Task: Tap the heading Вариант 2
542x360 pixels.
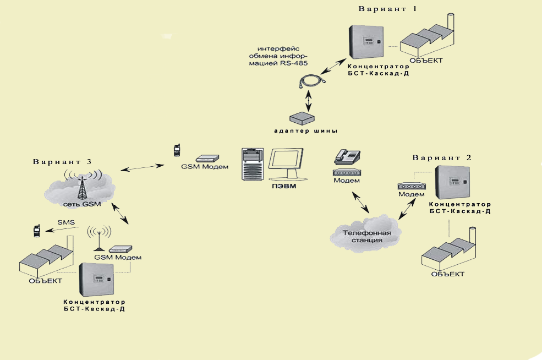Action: point(442,157)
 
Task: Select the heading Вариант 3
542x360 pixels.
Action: point(62,162)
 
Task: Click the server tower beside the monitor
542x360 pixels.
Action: point(253,163)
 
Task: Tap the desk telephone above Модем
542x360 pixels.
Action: point(346,156)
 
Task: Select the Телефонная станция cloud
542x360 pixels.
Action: point(367,236)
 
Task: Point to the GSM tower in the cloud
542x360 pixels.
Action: point(82,186)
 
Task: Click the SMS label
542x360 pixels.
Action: point(66,222)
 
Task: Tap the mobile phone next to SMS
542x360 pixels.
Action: point(36,230)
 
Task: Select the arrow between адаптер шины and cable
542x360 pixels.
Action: point(309,100)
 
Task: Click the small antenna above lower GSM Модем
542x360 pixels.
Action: point(98,237)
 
